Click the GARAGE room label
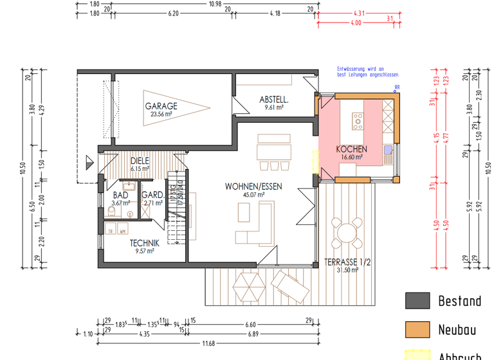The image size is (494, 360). [x=161, y=106]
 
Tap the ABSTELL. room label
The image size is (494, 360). [x=274, y=100]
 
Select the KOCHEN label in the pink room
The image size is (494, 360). [x=352, y=149]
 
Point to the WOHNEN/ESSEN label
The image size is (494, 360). [x=253, y=186]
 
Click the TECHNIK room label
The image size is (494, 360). [x=145, y=243]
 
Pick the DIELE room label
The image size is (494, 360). [x=140, y=161]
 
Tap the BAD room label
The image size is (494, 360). [x=120, y=195]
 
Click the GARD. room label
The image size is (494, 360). [x=152, y=195]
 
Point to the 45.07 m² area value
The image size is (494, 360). [x=253, y=194]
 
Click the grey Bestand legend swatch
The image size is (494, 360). [x=417, y=301]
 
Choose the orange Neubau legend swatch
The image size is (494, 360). [x=417, y=329]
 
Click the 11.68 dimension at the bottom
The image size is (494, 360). [x=208, y=343]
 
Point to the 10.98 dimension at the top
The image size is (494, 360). [x=214, y=4]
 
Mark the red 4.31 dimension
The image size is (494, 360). [x=360, y=13]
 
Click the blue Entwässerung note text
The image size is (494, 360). [x=360, y=71]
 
